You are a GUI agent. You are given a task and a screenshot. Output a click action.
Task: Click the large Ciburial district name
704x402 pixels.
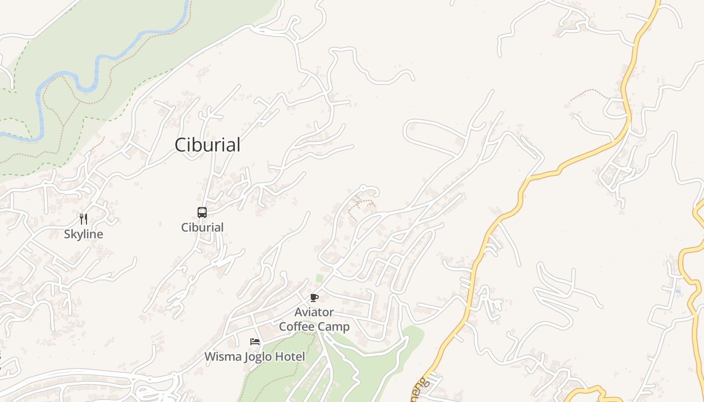[207, 145]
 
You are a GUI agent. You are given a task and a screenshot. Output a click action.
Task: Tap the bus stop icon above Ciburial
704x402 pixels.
[202, 213]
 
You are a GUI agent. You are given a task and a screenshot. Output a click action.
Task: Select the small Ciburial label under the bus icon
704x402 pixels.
[202, 227]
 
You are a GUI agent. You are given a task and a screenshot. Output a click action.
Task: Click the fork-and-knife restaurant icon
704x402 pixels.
[83, 219]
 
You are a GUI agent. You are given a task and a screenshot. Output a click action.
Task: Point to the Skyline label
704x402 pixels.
[83, 234]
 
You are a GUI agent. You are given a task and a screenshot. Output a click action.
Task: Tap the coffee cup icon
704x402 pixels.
[314, 298]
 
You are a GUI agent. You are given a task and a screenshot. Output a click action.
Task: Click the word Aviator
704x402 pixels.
[314, 312]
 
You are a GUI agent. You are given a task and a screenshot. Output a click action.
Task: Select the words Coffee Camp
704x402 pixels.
[314, 327]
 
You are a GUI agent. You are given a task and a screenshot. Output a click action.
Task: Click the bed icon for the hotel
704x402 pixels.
[255, 342]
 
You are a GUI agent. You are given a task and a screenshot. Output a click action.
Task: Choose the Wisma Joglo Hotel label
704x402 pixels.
[254, 357]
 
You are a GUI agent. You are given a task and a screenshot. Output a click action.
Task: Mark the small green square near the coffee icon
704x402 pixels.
[319, 278]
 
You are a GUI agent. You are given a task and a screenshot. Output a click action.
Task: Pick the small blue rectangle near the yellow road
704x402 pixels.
[678, 291]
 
